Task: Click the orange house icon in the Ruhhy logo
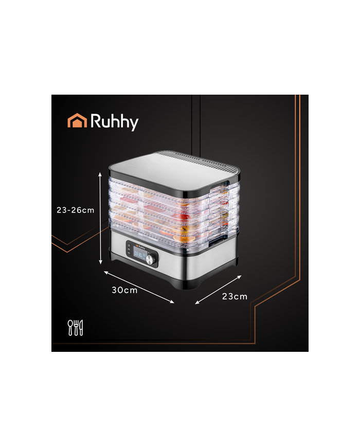pos(77,121)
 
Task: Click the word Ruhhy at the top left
pos(114,122)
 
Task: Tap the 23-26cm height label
pos(75,210)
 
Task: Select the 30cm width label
pos(125,290)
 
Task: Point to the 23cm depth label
pos(235,296)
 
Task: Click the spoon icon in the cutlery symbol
pos(71,327)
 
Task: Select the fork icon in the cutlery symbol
pos(76,327)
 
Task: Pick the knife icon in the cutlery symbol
pos(81,327)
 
